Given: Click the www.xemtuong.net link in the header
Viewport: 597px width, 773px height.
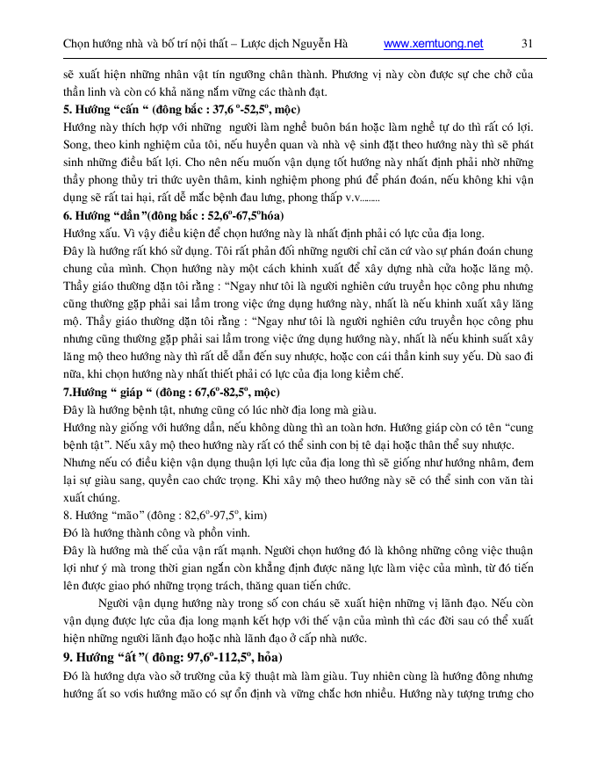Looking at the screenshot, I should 434,43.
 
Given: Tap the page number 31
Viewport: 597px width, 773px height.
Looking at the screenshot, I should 528,43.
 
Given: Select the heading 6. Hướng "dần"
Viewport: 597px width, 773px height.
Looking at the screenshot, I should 109,215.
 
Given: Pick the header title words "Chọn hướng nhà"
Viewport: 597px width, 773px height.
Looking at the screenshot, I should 104,43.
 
